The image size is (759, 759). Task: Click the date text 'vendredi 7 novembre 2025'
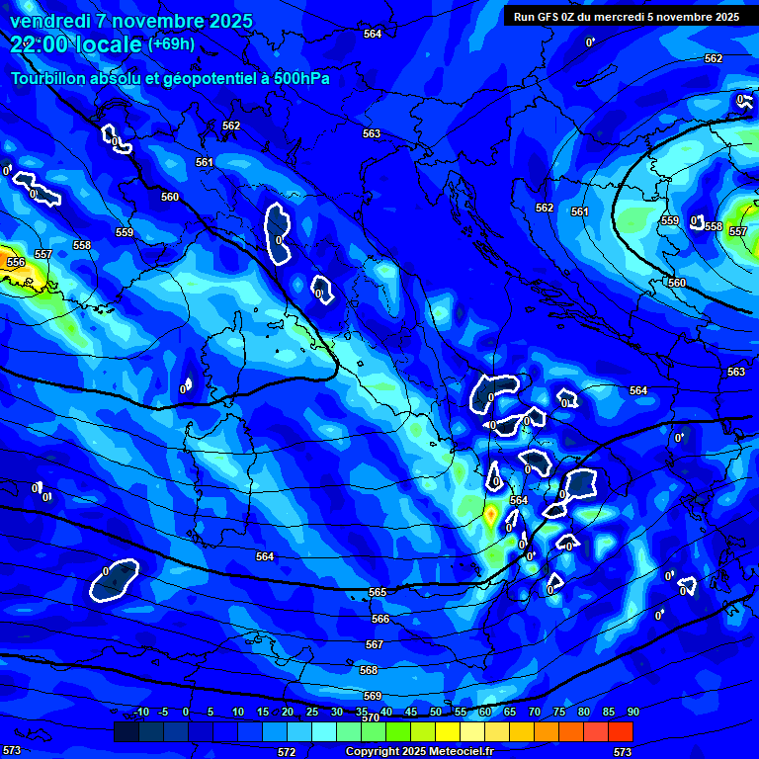click(131, 21)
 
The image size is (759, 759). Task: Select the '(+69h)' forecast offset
click(171, 43)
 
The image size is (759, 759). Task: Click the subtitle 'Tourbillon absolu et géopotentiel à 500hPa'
click(171, 78)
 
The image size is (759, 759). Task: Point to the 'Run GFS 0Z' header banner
click(627, 16)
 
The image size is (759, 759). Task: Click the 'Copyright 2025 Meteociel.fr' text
click(419, 752)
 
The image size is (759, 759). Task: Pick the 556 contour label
click(16, 262)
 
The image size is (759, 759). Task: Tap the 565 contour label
click(378, 592)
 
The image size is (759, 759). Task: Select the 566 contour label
click(380, 619)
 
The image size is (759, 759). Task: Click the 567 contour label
click(374, 644)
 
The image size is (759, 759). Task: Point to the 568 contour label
click(369, 670)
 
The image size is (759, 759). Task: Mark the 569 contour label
click(373, 696)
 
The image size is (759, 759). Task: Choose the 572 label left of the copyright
click(287, 752)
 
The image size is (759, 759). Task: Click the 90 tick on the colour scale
click(632, 712)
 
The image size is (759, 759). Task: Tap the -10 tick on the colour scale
click(141, 712)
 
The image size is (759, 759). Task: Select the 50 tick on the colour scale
click(436, 712)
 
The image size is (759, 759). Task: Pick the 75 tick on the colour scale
click(559, 712)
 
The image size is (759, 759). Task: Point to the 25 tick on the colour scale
click(312, 712)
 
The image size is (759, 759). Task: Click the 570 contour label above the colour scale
click(371, 717)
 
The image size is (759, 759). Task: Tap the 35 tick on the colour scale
click(362, 712)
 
